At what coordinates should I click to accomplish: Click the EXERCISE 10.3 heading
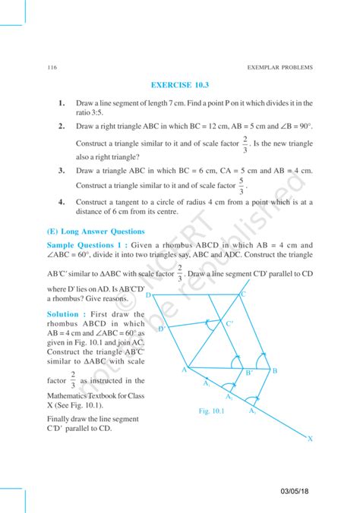179,86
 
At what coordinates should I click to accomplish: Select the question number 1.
60,102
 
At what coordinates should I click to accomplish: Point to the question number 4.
60,203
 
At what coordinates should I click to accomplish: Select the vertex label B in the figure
275,370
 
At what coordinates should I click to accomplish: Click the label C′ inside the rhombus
229,325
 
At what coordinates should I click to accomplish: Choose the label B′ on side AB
248,373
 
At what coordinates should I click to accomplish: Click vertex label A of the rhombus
184,369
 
